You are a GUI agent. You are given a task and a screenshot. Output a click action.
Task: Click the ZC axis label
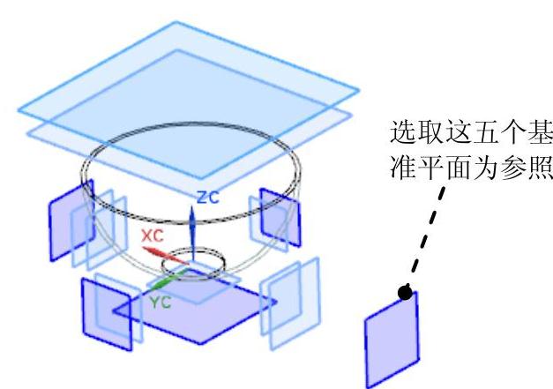coord(208,198)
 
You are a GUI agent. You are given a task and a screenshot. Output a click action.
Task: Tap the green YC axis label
coord(160,301)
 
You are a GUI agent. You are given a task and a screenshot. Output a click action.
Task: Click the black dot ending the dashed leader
coord(406,291)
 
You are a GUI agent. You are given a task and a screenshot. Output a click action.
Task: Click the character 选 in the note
coord(401,136)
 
